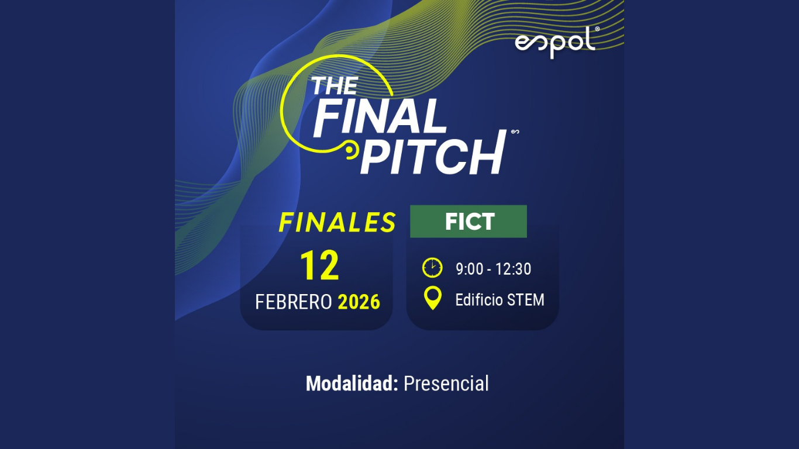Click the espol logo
pos(555,43)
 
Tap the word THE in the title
pos(334,86)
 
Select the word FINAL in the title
pos(380,117)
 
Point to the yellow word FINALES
pos(337,222)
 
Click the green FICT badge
pos(469,222)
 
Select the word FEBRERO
pos(294,302)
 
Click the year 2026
pos(359,302)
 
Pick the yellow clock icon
pos(432,268)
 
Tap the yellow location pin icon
pos(432,298)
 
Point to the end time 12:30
pos(513,269)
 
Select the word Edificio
pos(479,300)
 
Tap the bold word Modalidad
pos(352,384)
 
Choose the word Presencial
pos(446,384)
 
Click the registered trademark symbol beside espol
pos(597,29)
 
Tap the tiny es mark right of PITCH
pos(515,132)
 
